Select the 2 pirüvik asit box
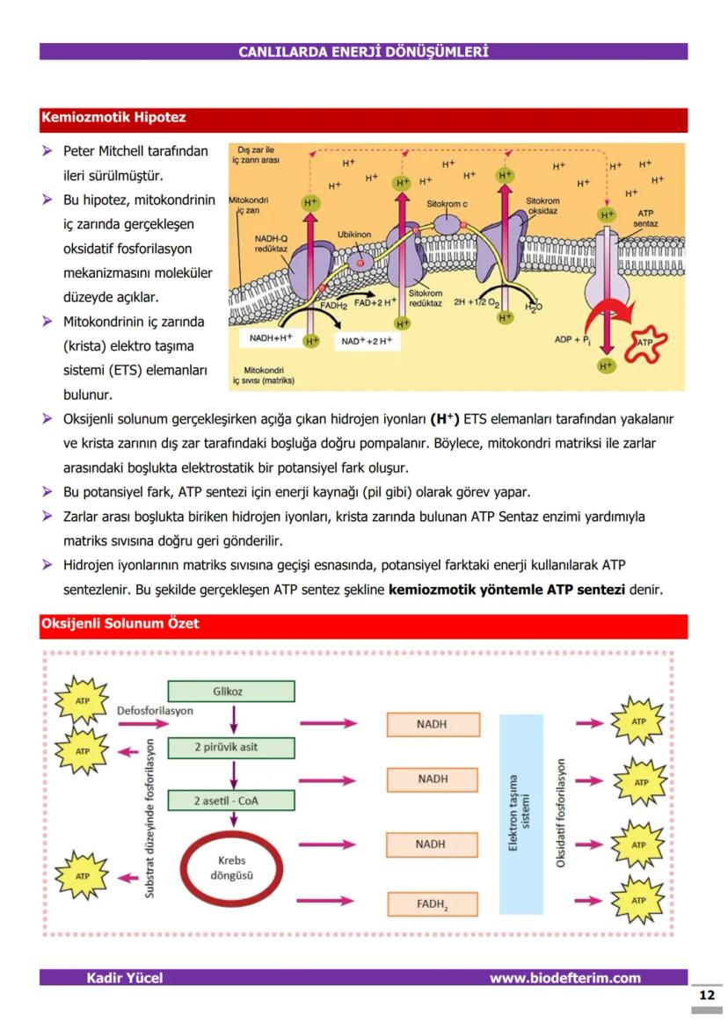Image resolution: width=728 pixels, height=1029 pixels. tap(230, 748)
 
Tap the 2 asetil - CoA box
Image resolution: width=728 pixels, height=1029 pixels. tap(230, 801)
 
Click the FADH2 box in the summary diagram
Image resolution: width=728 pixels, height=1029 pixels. tap(433, 903)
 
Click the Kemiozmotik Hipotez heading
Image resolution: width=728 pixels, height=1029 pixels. tap(113, 118)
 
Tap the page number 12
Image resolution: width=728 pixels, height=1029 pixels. tap(706, 996)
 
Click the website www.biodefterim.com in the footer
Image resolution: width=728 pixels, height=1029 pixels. tap(564, 978)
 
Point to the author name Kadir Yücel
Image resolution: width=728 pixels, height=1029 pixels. tap(124, 978)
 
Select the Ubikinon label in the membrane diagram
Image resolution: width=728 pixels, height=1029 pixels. tap(354, 235)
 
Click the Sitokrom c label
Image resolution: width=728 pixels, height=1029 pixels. tap(447, 204)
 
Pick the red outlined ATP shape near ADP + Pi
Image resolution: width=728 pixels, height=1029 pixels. tap(644, 343)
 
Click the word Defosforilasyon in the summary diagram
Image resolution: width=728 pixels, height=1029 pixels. tap(155, 710)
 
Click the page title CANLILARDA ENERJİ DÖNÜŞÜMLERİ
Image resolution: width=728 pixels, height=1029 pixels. tap(363, 52)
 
